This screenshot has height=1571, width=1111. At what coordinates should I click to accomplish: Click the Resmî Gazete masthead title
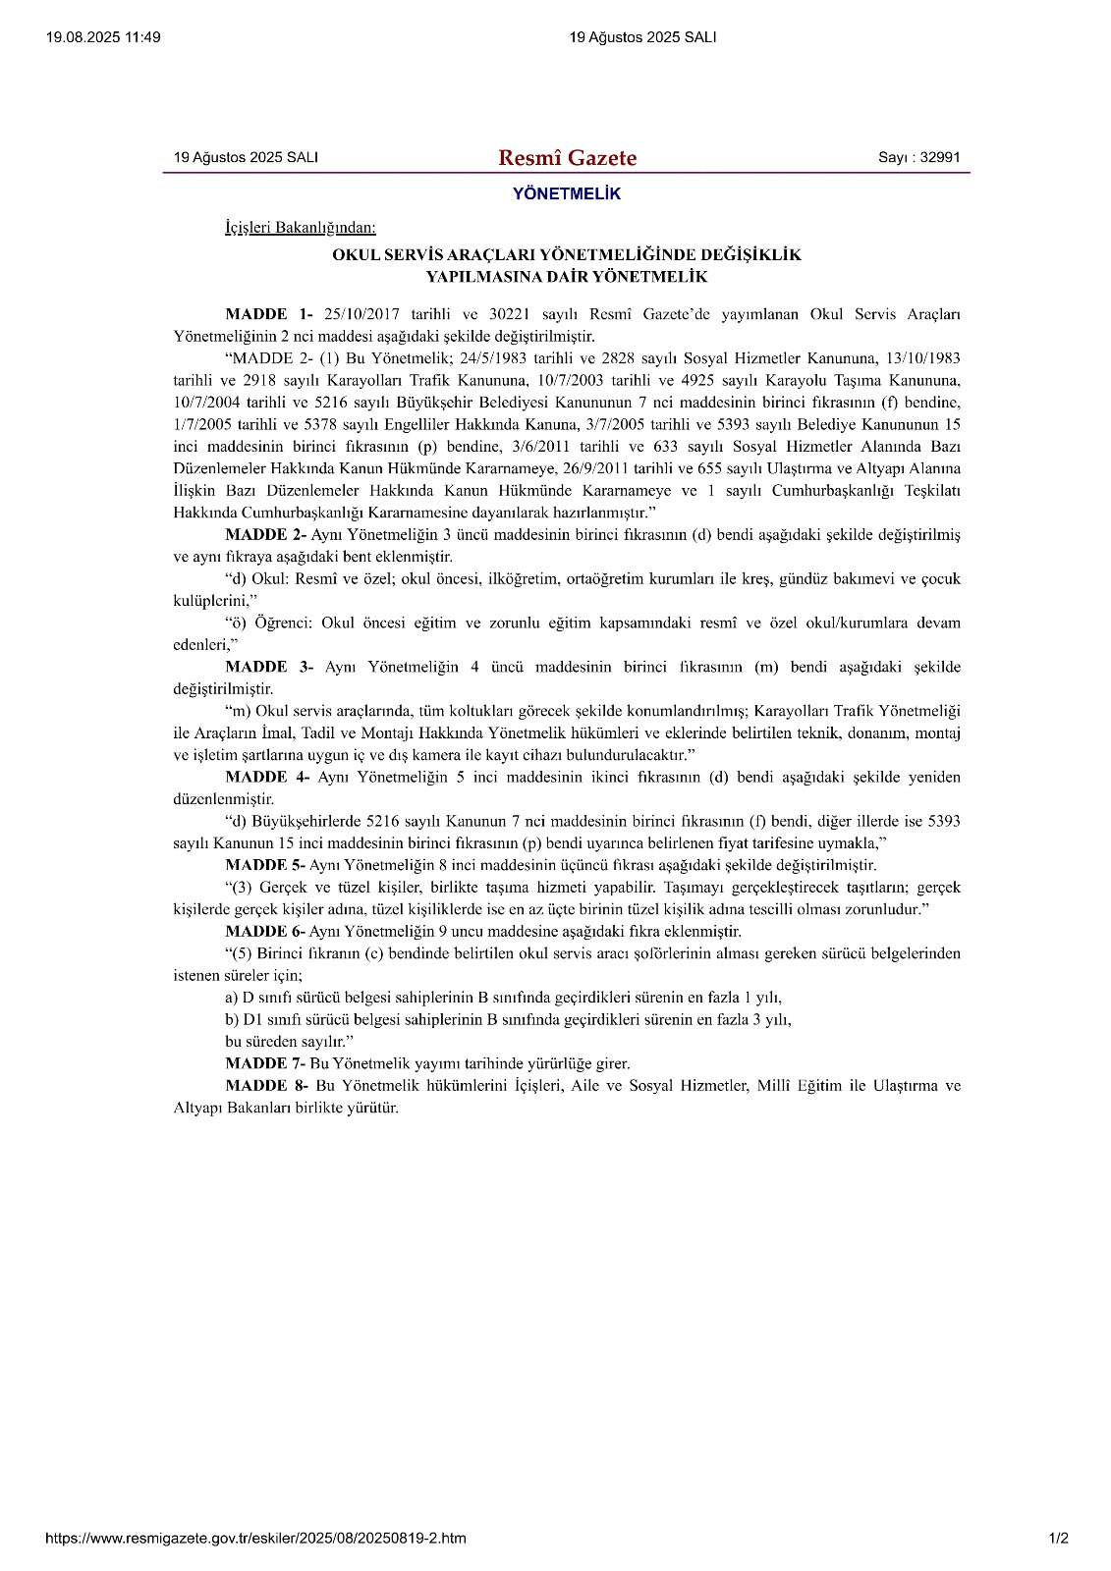pyautogui.click(x=567, y=158)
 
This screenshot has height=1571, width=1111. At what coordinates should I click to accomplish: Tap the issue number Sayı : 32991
pyautogui.click(x=918, y=157)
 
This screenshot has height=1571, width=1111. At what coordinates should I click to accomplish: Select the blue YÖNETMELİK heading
pyautogui.click(x=567, y=194)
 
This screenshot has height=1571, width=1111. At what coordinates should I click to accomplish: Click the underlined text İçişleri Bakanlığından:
pyautogui.click(x=300, y=228)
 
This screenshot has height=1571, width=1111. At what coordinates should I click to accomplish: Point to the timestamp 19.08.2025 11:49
pyautogui.click(x=103, y=37)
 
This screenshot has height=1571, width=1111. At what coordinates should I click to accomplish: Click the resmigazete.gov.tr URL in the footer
pyautogui.click(x=255, y=1538)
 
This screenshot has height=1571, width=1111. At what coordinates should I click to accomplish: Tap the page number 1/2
pyautogui.click(x=1058, y=1538)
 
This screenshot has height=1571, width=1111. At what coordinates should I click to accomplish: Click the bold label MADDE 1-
pyautogui.click(x=268, y=314)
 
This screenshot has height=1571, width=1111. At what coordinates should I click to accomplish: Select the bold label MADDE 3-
pyautogui.click(x=268, y=667)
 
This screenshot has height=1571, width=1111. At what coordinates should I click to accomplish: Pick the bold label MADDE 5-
pyautogui.click(x=265, y=865)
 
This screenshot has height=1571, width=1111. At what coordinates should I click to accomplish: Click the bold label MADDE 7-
pyautogui.click(x=265, y=1063)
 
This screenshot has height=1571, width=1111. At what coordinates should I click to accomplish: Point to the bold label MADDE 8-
pyautogui.click(x=266, y=1085)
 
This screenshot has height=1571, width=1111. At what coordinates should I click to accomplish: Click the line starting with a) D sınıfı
pyautogui.click(x=503, y=998)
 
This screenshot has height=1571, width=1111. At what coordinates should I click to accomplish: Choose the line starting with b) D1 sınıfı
pyautogui.click(x=508, y=1019)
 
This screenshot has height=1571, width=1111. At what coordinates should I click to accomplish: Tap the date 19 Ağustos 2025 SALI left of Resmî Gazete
pyautogui.click(x=246, y=157)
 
